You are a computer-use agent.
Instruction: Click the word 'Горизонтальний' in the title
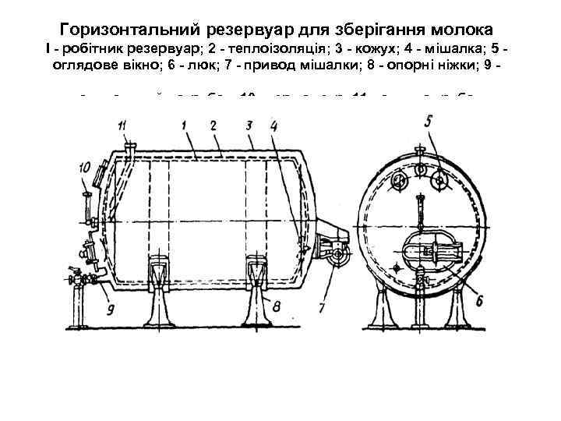pos(131,30)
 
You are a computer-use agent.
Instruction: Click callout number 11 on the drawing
pos(122,125)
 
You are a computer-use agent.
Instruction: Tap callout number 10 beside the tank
pos(85,167)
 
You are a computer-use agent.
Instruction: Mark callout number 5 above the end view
pos(429,122)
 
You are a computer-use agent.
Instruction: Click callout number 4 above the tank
pos(273,125)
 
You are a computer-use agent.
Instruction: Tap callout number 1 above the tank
pos(181,125)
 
